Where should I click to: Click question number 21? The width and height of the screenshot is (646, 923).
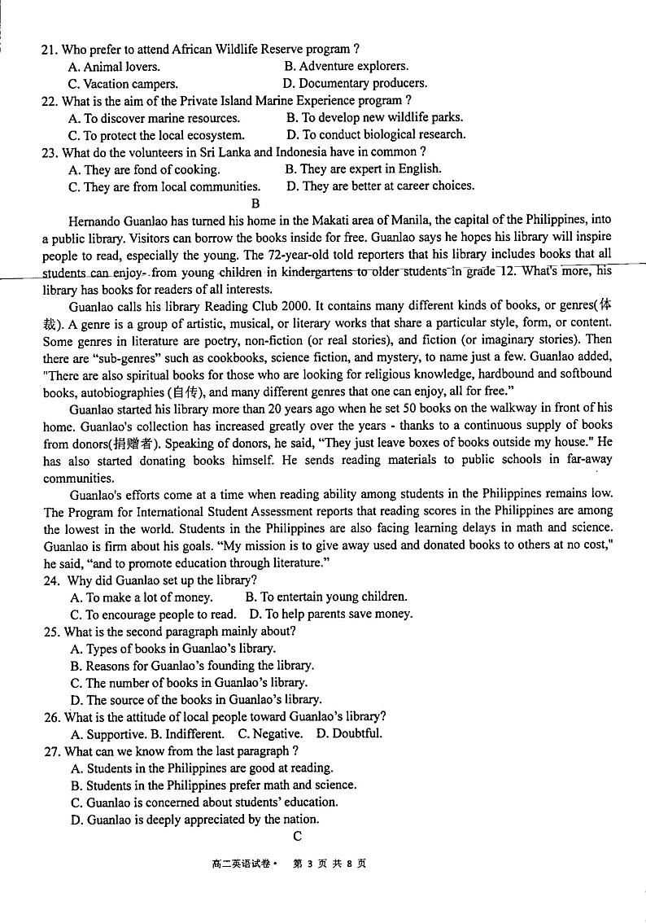pyautogui.click(x=49, y=50)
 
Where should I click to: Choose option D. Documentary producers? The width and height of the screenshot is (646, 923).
pyautogui.click(x=355, y=83)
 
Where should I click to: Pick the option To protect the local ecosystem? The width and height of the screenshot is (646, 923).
pyautogui.click(x=156, y=136)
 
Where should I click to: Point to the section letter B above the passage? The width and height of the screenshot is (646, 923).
pyautogui.click(x=255, y=203)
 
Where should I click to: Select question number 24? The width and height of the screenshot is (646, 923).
pyautogui.click(x=50, y=580)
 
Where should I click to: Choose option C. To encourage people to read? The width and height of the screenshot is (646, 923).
pyautogui.click(x=153, y=615)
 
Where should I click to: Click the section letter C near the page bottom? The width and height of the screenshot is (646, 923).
pyautogui.click(x=298, y=836)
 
